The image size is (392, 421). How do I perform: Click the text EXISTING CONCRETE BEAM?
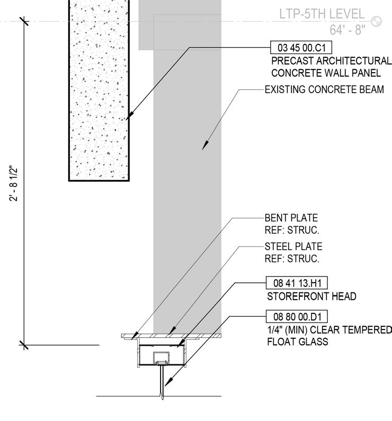[x=324, y=89]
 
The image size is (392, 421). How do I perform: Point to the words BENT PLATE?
[x=291, y=218]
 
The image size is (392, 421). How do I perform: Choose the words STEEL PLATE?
[x=293, y=247]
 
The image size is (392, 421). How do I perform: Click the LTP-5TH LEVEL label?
[x=322, y=14]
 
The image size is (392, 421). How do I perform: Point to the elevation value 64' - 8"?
[x=348, y=30]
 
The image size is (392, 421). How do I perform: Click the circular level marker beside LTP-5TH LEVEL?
[x=377, y=21]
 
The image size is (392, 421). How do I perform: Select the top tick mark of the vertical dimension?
[x=23, y=21]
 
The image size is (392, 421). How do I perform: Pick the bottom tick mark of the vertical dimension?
[x=23, y=345]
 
